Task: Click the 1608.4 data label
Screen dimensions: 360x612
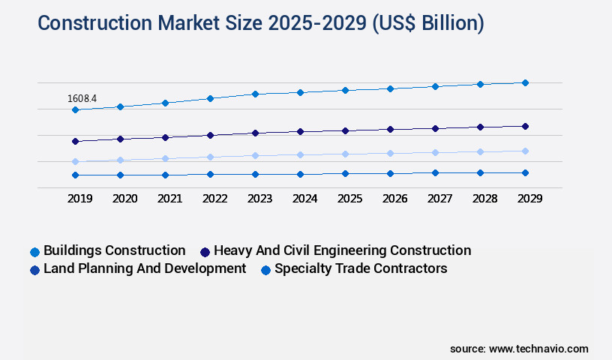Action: coord(82,98)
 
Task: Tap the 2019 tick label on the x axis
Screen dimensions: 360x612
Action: coord(79,199)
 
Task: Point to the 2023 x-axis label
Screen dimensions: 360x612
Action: coord(259,199)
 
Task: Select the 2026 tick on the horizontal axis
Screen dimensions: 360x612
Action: coord(394,199)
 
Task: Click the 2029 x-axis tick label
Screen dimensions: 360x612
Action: coord(529,199)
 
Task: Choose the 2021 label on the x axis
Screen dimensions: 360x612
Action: coord(169,199)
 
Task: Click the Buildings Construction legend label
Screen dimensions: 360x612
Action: coord(115,250)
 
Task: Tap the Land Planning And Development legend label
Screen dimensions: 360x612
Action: coord(145,268)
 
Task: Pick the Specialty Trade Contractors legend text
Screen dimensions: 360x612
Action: coord(361,268)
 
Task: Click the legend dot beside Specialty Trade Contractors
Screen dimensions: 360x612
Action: coord(265,269)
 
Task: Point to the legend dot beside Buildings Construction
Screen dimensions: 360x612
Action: coord(34,251)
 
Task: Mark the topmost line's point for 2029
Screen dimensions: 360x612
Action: coord(525,82)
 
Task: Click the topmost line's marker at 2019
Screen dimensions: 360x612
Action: coord(75,109)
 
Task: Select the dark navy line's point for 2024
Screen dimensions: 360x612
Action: coord(300,131)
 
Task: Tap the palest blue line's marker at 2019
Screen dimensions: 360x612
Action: coord(75,161)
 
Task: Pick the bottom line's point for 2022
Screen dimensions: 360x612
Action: coord(210,174)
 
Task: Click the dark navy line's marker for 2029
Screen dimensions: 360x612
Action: coord(525,126)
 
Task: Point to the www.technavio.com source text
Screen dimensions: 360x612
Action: coord(538,349)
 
